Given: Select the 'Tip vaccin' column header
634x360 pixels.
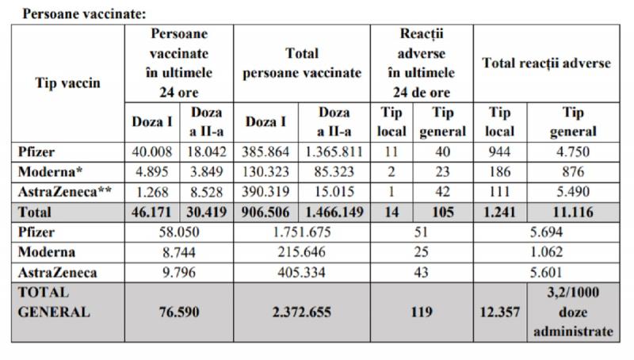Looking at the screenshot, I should tap(67, 83).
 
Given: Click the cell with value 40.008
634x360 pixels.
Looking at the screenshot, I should tap(151, 152).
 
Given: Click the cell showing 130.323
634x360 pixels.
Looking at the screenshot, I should tap(266, 172).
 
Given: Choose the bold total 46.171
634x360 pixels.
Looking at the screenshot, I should tap(151, 213).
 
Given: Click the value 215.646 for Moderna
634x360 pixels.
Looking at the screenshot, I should tap(304, 252).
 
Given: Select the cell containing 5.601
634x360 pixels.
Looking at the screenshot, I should tap(547, 272).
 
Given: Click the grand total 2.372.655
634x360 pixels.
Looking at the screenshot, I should tap(304, 312).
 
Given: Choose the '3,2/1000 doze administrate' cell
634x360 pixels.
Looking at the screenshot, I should tap(577, 312).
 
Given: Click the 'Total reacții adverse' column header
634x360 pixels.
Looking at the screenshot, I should tap(546, 63).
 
